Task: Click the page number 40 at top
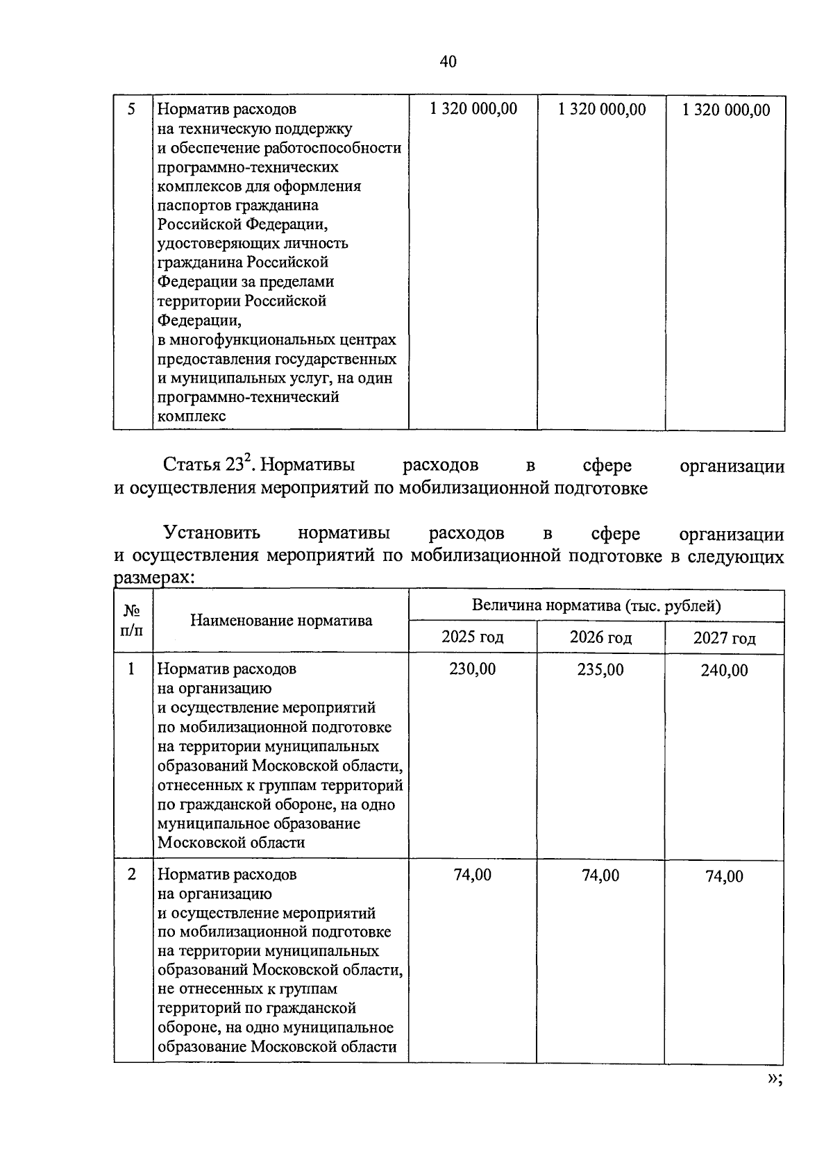click(448, 62)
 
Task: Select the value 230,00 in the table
click(472, 669)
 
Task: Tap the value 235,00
click(600, 669)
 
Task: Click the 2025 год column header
click(472, 637)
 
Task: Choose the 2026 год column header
click(600, 637)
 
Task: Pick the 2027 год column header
click(724, 638)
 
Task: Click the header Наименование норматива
click(281, 621)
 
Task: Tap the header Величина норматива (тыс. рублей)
click(596, 605)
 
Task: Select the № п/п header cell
click(133, 621)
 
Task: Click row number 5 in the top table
click(131, 109)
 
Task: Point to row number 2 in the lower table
click(131, 874)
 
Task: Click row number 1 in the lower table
click(131, 669)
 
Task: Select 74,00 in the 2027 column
click(724, 876)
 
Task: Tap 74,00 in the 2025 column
click(472, 875)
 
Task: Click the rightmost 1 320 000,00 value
click(726, 110)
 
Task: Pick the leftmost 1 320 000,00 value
click(473, 109)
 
